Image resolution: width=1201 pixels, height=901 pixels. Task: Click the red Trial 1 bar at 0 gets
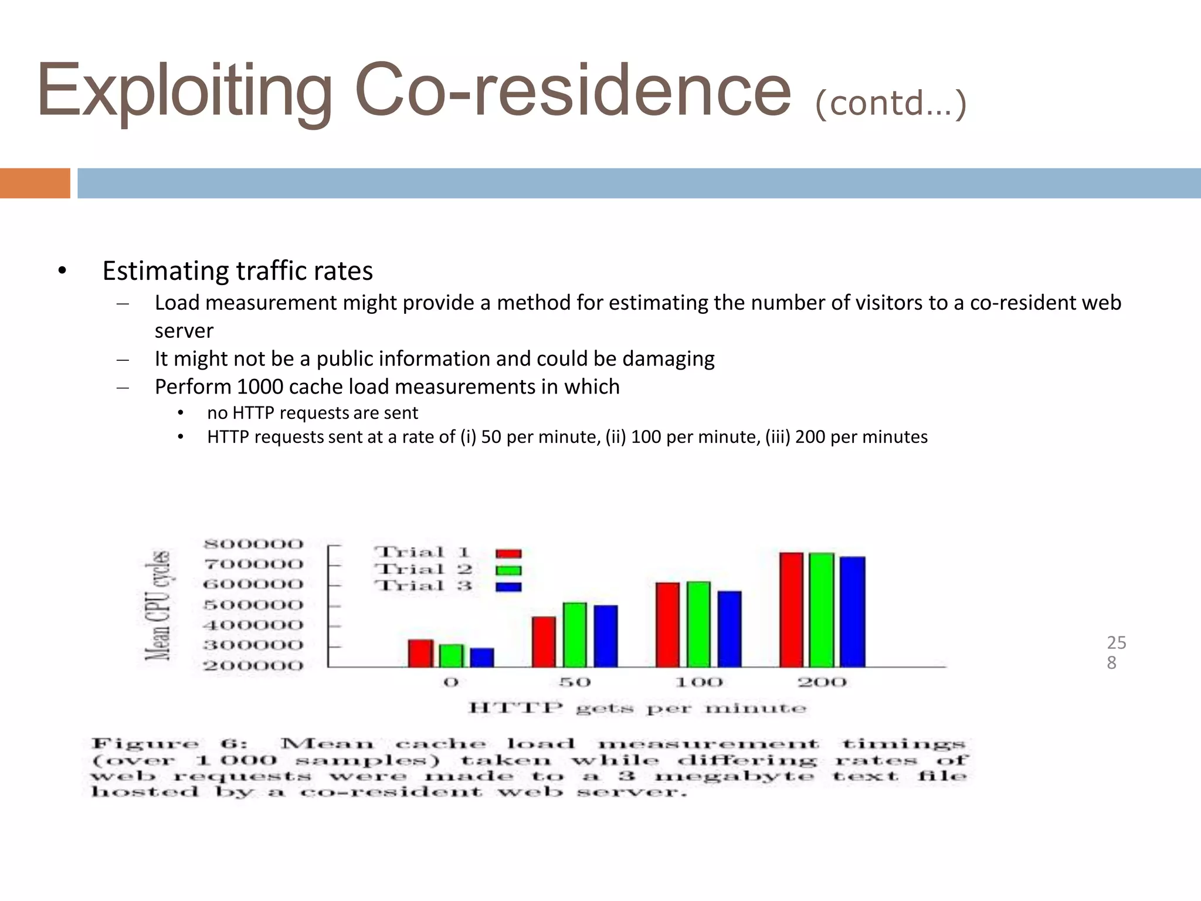(x=420, y=653)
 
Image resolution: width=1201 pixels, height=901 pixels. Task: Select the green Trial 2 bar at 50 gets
(x=575, y=634)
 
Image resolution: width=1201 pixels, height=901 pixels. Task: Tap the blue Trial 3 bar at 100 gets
(x=730, y=628)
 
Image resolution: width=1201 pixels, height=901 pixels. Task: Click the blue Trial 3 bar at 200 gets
(x=853, y=611)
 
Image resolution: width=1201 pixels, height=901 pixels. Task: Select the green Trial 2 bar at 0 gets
(x=451, y=655)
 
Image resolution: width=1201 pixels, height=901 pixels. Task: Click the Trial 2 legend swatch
(x=508, y=570)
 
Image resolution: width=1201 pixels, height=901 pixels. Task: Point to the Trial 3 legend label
(x=423, y=585)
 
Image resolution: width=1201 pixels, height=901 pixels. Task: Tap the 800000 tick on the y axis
(x=253, y=544)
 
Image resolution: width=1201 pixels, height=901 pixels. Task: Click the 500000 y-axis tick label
(x=253, y=605)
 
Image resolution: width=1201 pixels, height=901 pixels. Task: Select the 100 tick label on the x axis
(x=698, y=682)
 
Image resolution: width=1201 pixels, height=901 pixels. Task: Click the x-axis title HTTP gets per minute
(x=637, y=708)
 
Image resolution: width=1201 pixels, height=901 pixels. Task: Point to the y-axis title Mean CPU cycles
(x=158, y=605)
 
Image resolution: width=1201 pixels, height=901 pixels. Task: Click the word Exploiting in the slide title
(x=184, y=91)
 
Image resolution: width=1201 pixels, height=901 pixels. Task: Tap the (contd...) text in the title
(x=890, y=103)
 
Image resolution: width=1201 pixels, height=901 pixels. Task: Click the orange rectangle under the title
(x=35, y=183)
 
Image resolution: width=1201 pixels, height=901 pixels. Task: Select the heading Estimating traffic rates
(x=238, y=271)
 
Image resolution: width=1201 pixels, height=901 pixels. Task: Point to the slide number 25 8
(x=1115, y=652)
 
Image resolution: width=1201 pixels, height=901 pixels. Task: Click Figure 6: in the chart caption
(x=169, y=744)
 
